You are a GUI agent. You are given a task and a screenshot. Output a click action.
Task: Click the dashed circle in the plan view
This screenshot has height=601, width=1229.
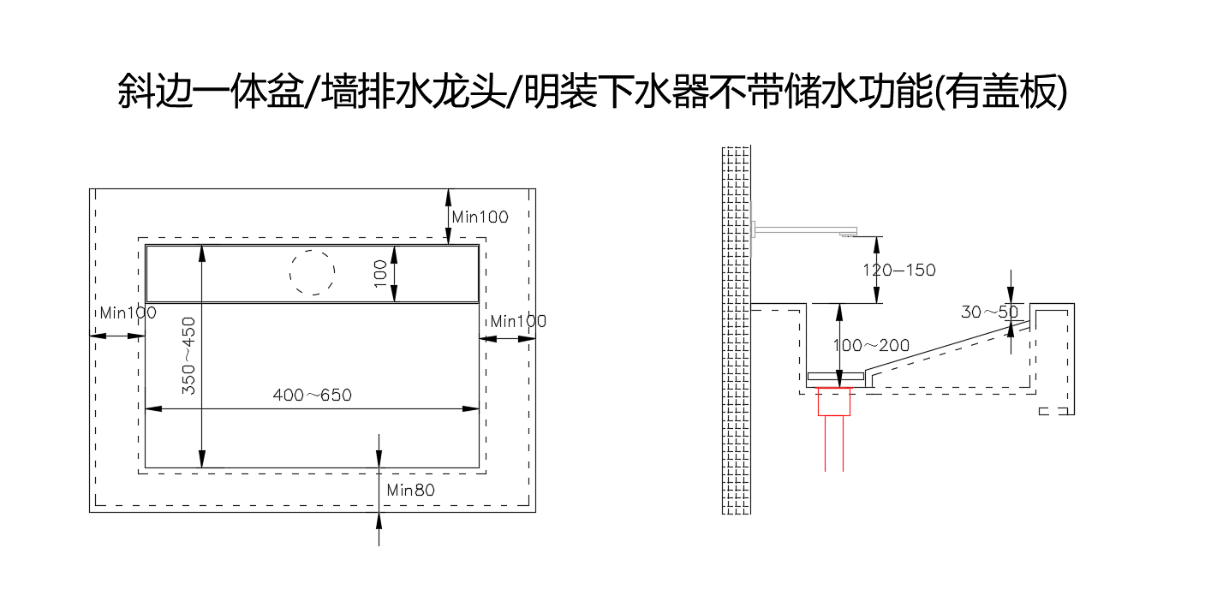click(312, 273)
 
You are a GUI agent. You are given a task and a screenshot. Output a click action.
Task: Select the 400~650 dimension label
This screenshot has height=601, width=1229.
click(312, 396)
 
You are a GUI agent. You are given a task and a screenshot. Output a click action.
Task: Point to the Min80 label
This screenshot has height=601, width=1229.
click(410, 491)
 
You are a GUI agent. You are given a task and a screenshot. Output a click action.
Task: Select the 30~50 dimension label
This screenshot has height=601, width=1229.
click(988, 312)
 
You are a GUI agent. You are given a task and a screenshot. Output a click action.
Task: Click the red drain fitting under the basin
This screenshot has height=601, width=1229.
click(835, 402)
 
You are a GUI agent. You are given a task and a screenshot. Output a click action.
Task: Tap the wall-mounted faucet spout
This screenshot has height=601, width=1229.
click(805, 229)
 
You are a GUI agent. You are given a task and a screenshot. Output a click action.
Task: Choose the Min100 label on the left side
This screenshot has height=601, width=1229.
click(128, 313)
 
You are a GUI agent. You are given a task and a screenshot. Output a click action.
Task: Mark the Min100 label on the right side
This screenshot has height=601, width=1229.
click(518, 322)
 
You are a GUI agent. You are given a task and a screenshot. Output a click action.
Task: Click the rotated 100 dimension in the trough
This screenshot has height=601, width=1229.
click(381, 273)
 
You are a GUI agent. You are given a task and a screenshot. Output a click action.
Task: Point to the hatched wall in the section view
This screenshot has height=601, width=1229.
click(737, 330)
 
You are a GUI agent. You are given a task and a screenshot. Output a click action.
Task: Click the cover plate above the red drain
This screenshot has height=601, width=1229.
click(835, 378)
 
